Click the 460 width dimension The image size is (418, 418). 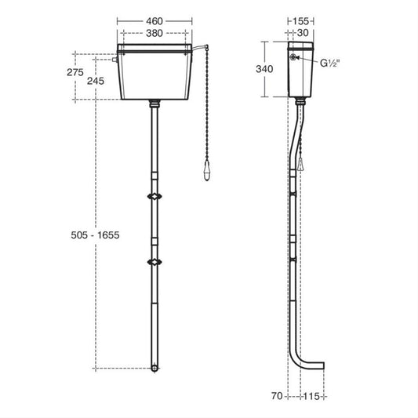pos(154,21)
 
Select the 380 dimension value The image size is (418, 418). pos(154,33)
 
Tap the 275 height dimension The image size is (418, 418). pos(75,72)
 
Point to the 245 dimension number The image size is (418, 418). pos(96,81)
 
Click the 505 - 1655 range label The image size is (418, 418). pos(95,235)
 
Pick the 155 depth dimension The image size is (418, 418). pos(300,21)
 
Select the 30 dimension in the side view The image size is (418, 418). pos(303,33)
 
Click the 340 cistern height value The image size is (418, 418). pos(264,69)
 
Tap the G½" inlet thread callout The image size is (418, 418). pos(329,64)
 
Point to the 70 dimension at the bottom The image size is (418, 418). pos(277,396)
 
